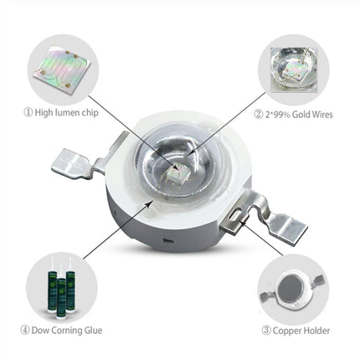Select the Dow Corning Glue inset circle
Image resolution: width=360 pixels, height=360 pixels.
[x=60, y=289]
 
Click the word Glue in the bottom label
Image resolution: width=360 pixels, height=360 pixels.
[x=93, y=331]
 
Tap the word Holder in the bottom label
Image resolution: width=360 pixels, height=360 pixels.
[x=319, y=331]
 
